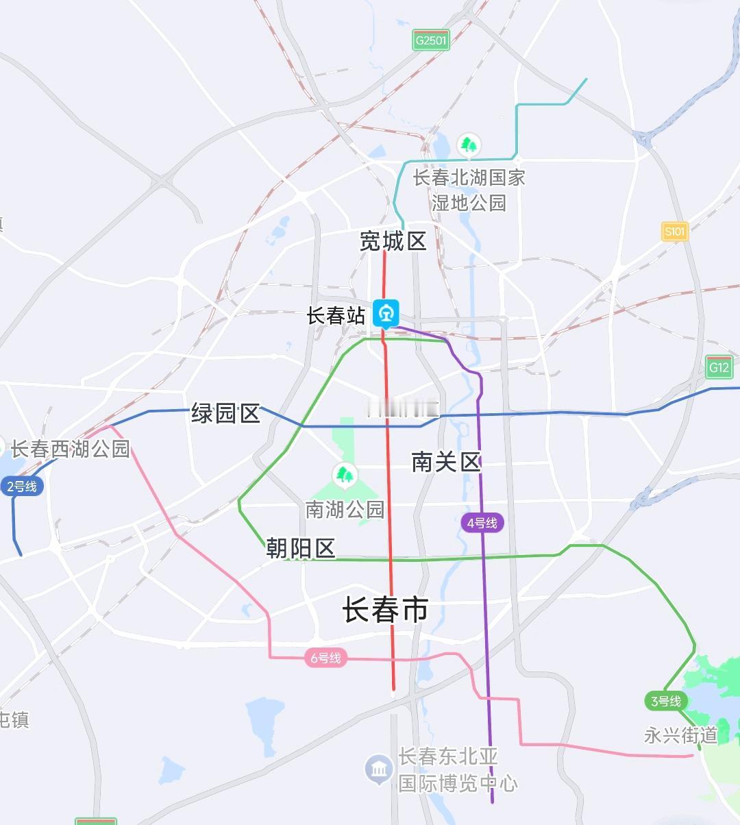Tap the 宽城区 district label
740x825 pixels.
pos(393,241)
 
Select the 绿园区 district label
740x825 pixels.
pos(225,413)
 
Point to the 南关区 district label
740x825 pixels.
pos(446,462)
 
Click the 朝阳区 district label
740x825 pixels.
pos(301,548)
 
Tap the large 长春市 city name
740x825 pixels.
pos(386,609)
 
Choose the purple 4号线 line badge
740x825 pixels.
pos(482,523)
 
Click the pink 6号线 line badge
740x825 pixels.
pos(325,658)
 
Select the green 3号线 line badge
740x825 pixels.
pos(665,701)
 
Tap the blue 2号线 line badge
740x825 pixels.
pos(22,487)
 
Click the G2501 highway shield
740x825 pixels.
pos(431,40)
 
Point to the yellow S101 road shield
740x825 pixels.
pos(675,231)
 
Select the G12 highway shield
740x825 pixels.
pos(719,367)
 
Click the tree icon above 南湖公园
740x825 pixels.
pos(345,474)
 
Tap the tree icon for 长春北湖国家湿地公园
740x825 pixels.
pos(469,145)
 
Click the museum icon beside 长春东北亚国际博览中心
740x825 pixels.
pos(378,769)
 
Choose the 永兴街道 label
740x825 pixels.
pos(680,735)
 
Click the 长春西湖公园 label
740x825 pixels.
pos(70,449)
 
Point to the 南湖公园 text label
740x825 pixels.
pos(345,509)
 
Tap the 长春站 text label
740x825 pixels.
pos(336,316)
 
